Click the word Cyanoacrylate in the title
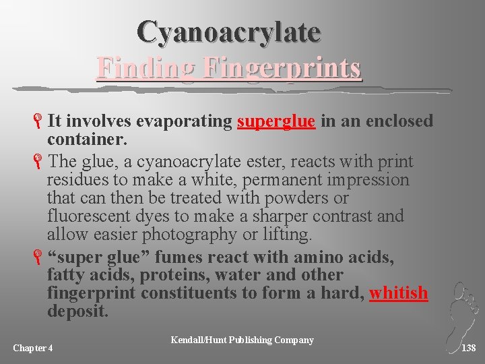tap(228, 31)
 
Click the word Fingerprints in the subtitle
tap(282, 68)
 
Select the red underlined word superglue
tap(276, 121)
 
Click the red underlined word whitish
tap(399, 293)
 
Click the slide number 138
tap(469, 348)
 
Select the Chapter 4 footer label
tap(33, 348)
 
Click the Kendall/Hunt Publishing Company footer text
tap(243, 340)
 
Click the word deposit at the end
tap(77, 311)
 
